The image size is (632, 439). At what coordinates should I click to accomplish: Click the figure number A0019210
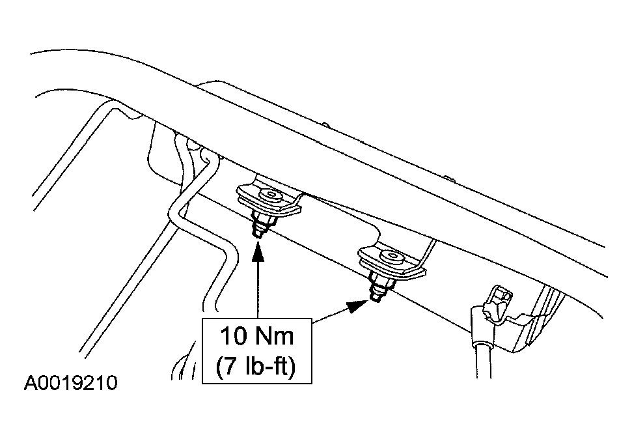click(70, 383)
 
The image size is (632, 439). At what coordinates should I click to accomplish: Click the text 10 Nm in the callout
click(256, 336)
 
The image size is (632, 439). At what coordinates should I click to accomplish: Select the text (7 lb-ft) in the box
click(256, 366)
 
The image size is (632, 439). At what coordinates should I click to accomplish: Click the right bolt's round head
click(392, 257)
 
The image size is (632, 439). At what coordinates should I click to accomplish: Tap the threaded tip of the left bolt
click(257, 233)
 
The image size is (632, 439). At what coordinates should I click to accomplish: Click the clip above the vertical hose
click(497, 303)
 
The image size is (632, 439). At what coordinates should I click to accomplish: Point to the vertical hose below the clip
click(484, 359)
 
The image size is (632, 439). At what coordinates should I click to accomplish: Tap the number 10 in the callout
click(233, 336)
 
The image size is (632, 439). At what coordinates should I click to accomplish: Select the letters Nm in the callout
click(275, 336)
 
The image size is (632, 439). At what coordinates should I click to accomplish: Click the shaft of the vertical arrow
click(257, 290)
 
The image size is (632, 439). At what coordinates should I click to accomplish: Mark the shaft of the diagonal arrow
click(331, 315)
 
